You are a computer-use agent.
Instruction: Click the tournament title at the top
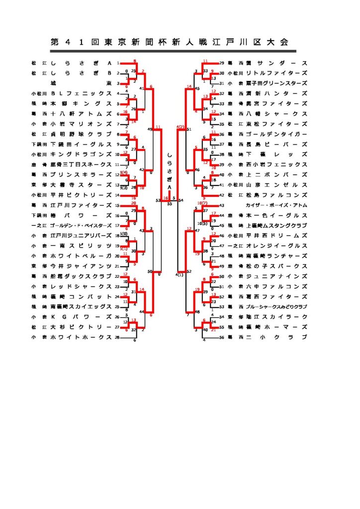pyautogui.click(x=169, y=42)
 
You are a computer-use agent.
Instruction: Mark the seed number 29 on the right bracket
pyautogui.click(x=222, y=64)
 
